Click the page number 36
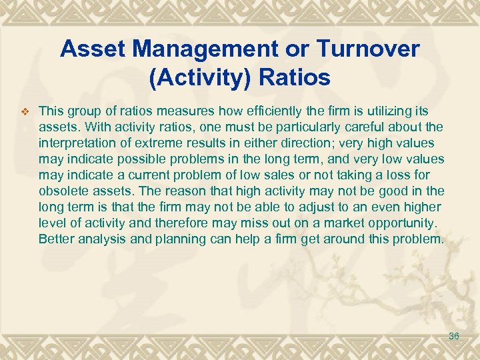click(454, 337)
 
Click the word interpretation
click(77, 143)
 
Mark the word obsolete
click(63, 191)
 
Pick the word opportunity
click(400, 223)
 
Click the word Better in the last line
click(57, 239)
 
